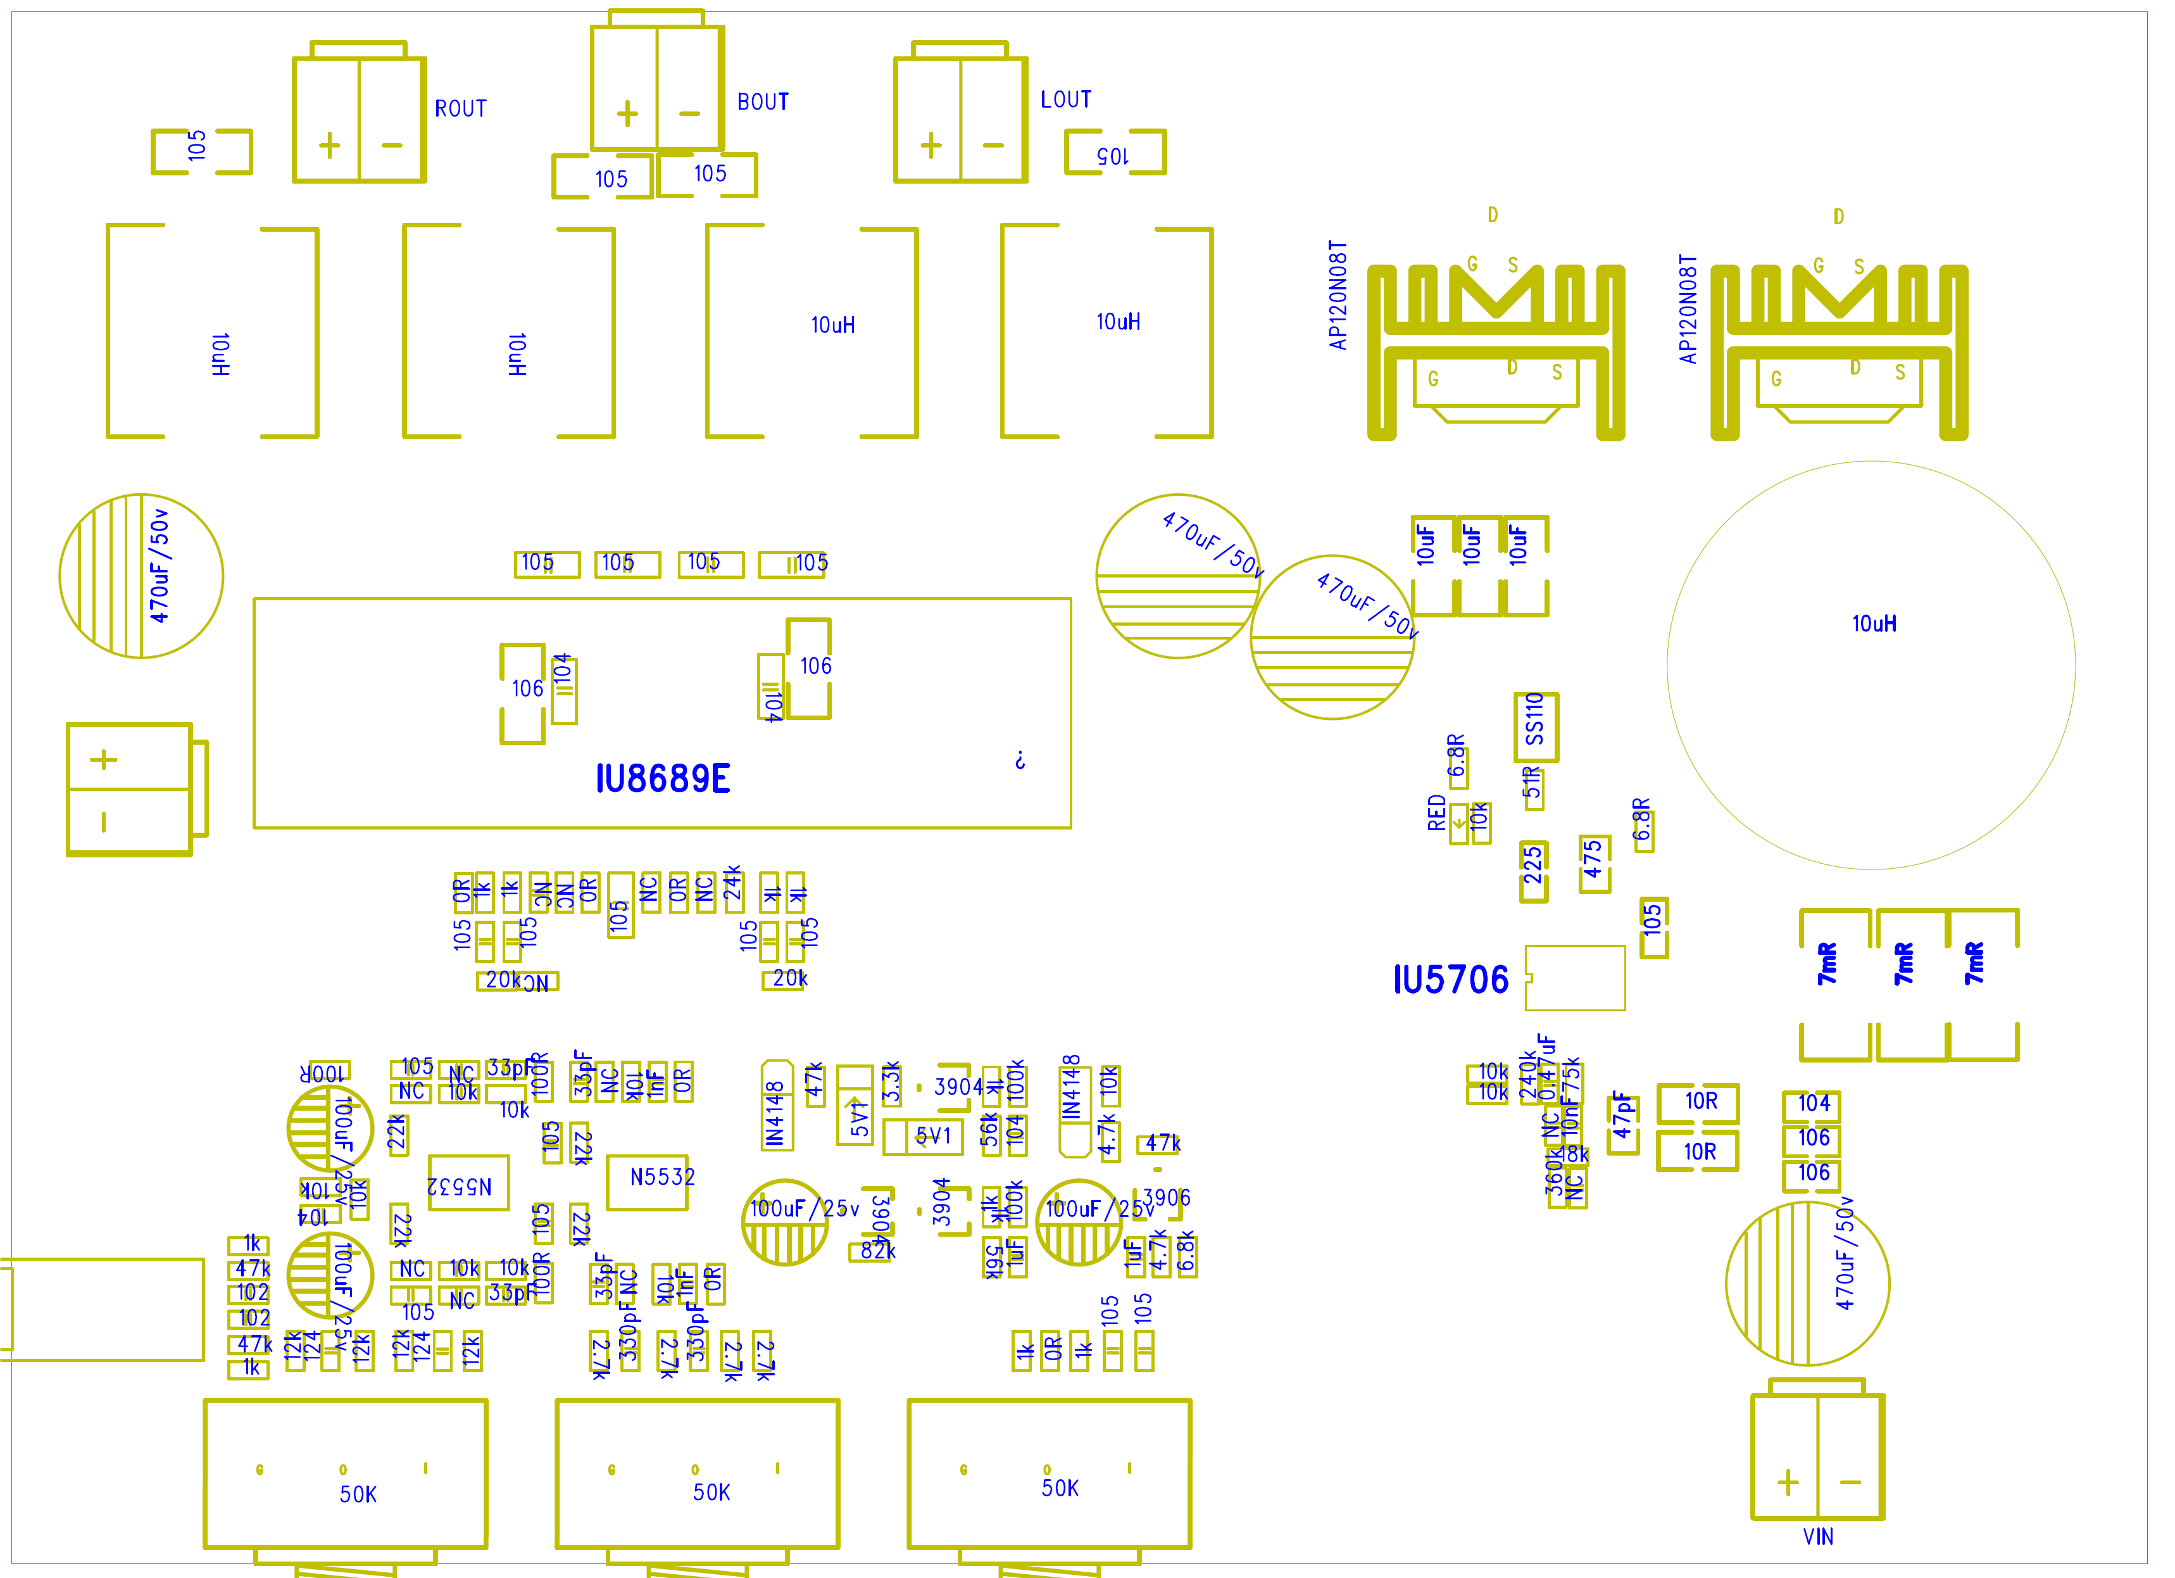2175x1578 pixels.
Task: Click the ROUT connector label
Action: [460, 108]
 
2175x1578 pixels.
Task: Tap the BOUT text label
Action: [762, 102]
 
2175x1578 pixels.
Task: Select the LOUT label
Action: [1065, 99]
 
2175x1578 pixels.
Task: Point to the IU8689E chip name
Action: [663, 779]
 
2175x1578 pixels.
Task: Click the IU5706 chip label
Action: [1451, 980]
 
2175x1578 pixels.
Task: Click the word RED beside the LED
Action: [1436, 812]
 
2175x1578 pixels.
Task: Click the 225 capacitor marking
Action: [1533, 864]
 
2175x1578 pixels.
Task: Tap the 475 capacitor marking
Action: [1593, 859]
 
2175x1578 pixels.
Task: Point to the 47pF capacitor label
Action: [1622, 1114]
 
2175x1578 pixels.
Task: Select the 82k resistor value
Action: [877, 1250]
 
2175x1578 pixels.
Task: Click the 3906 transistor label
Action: [1167, 1197]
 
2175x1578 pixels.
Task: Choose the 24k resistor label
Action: [732, 883]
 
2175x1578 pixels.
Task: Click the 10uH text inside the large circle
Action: [1874, 624]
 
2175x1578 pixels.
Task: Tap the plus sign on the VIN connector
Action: [1788, 1483]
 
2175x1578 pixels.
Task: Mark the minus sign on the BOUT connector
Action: [689, 113]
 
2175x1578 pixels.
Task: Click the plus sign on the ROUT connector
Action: [329, 146]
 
